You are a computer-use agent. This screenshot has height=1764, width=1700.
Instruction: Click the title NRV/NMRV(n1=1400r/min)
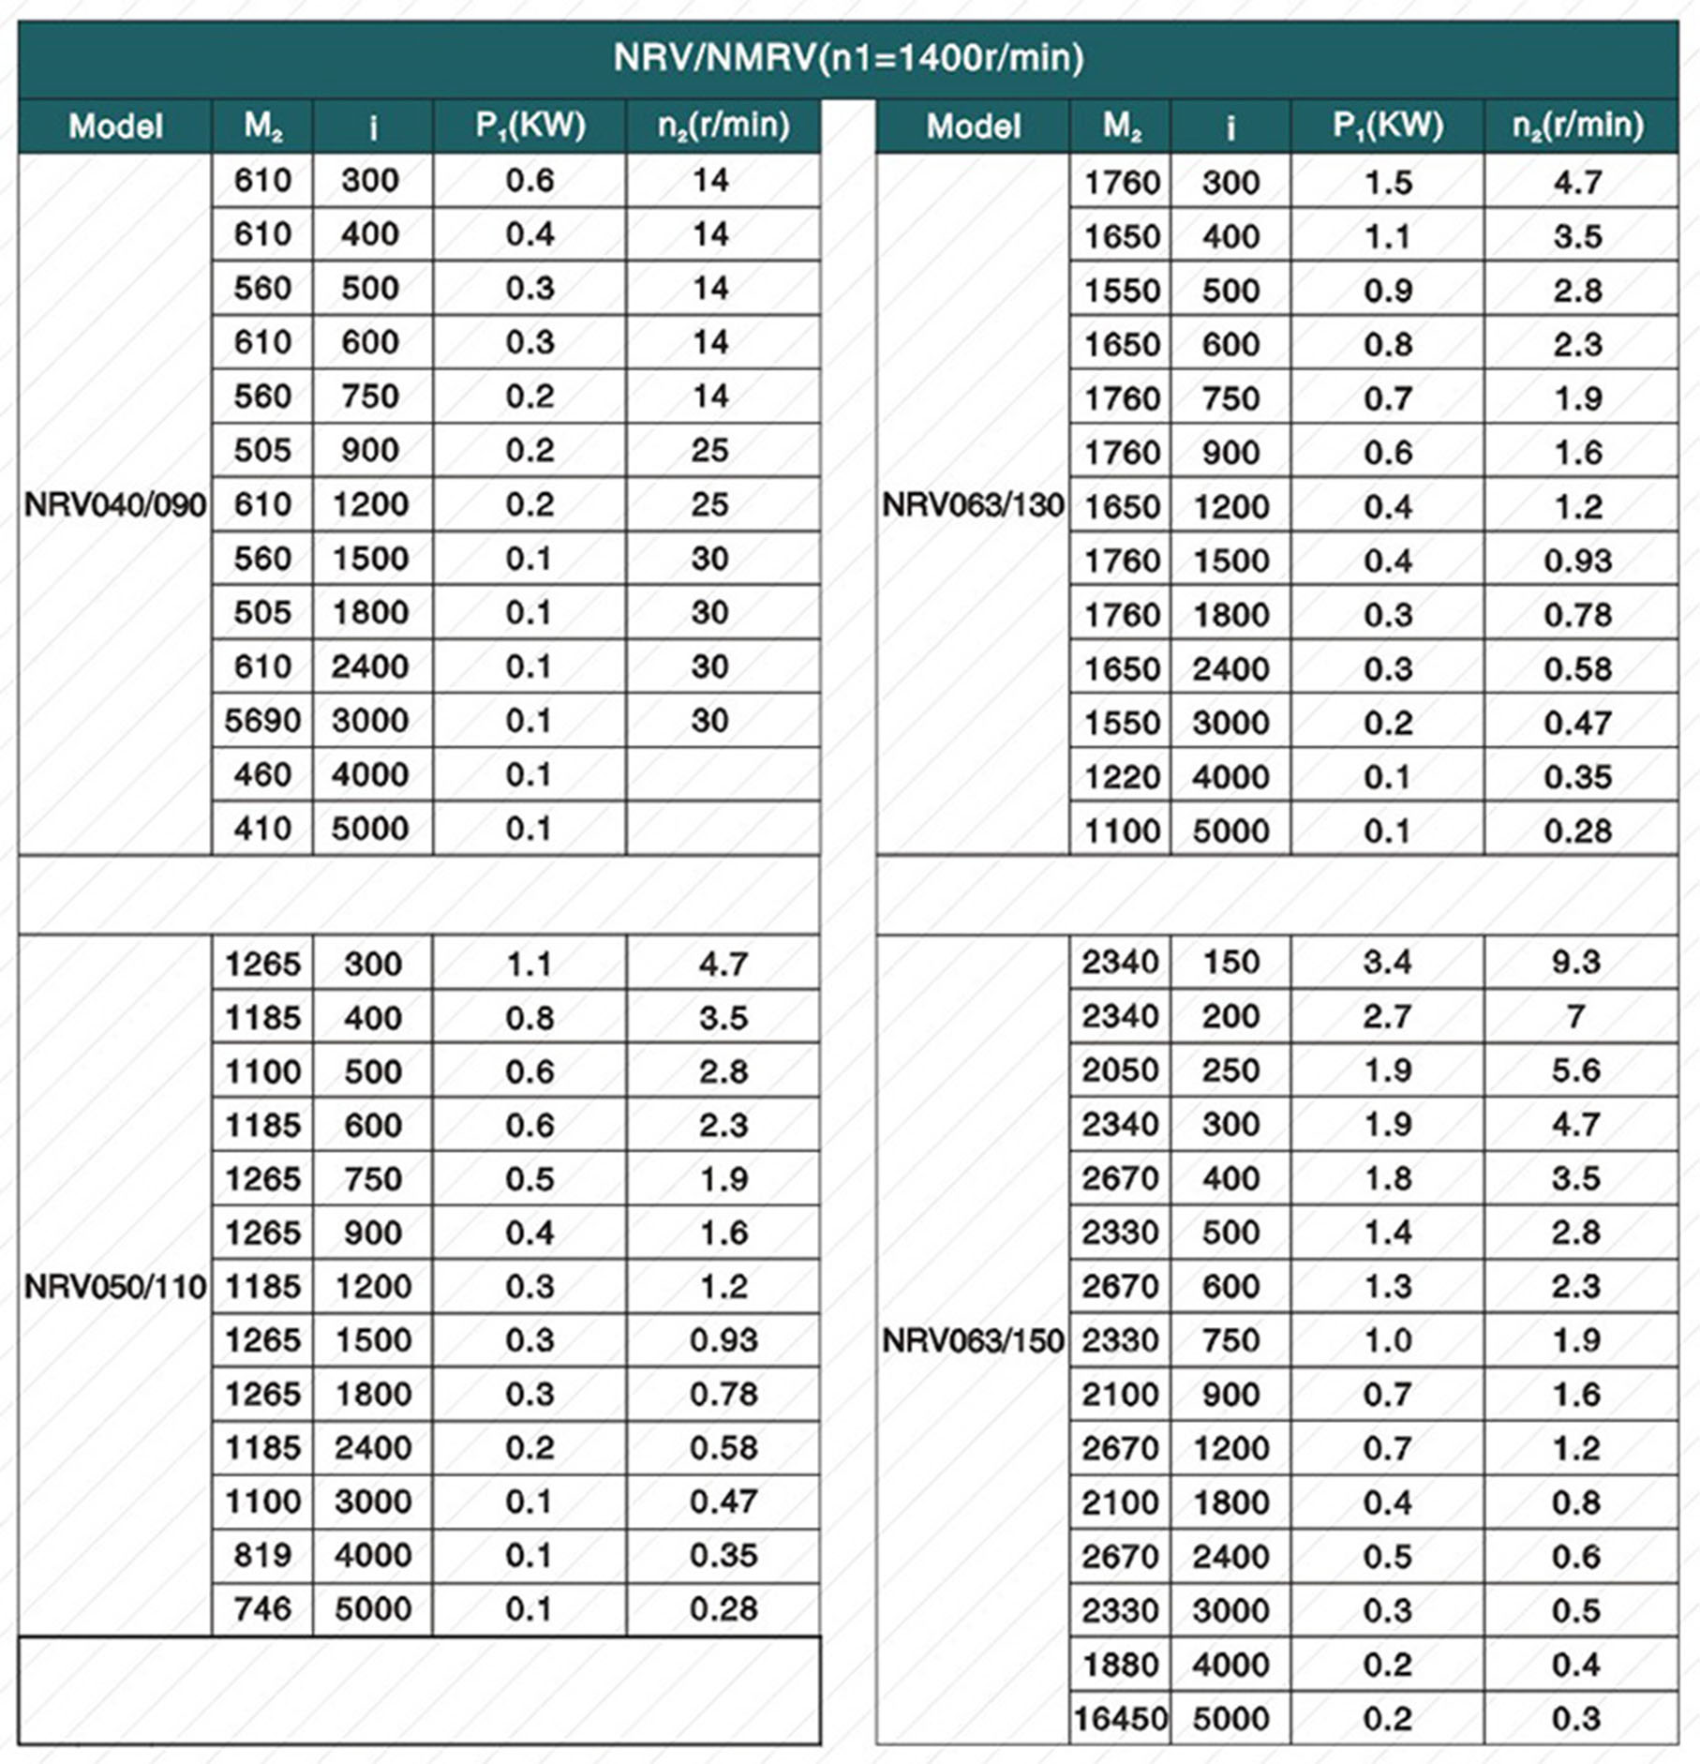848,58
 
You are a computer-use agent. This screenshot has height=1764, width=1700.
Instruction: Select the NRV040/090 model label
114,505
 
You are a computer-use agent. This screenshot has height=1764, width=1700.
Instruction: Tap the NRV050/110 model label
114,1287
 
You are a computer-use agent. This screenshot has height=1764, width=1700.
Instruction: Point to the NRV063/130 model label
973,505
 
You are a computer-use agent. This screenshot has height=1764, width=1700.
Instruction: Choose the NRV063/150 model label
973,1340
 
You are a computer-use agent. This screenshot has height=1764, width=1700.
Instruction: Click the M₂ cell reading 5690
262,721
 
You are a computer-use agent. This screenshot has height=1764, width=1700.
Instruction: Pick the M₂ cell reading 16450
1120,1719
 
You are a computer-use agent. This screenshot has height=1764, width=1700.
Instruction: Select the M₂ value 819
262,1555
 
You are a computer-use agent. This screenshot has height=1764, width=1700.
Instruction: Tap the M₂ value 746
262,1609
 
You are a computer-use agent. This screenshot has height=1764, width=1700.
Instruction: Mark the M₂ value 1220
1121,777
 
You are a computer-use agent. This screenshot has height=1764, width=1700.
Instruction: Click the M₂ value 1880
1121,1665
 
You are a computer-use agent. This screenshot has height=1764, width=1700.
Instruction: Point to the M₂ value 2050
1121,1070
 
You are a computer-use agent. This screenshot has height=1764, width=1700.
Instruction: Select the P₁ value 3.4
1387,962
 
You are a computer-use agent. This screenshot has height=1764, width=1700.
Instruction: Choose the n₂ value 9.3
1576,962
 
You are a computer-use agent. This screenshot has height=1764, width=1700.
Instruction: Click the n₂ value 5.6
1576,1070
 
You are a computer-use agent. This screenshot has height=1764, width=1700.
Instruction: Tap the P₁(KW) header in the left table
529,126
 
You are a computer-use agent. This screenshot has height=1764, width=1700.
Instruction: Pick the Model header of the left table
115,127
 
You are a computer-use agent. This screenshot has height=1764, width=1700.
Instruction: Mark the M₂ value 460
262,775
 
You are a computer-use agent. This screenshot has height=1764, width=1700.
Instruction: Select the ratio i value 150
1230,962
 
